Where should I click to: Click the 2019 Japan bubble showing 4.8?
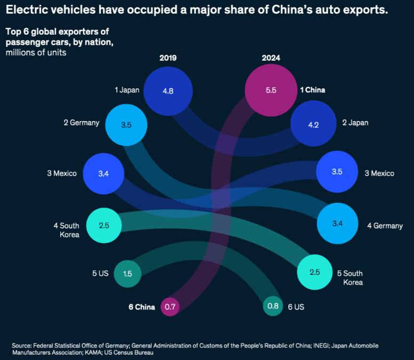168,91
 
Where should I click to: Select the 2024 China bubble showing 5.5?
271,91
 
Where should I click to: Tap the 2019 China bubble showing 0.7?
170,307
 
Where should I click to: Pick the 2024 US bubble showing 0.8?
273,306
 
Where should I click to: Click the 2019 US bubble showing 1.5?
127,274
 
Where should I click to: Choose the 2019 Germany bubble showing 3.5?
126,125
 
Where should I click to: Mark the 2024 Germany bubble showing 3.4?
337,223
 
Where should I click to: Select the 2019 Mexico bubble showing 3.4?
103,174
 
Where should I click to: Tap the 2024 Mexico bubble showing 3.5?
337,172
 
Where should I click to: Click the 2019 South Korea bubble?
104,225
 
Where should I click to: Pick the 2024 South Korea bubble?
314,272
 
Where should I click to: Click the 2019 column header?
168,58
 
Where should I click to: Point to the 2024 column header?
271,58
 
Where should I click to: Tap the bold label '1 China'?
312,90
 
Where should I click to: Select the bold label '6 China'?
142,307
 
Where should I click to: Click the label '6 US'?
296,307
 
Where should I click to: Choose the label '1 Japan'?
127,90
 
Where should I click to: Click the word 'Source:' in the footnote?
22,346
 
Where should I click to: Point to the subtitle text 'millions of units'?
36,53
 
